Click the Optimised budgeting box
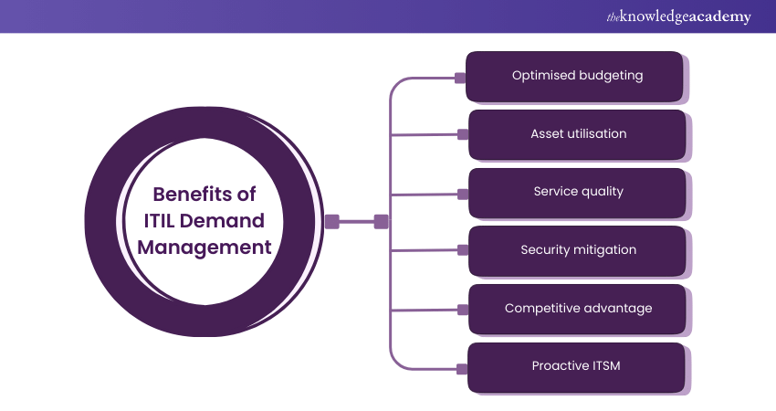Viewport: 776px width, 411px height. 575,76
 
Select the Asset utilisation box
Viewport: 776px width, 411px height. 577,134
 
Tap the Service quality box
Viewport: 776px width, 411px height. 577,192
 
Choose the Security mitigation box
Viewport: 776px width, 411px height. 577,250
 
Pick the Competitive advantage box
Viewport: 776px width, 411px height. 577,309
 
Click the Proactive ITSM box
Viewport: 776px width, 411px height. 577,366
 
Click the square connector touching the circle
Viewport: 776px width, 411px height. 332,221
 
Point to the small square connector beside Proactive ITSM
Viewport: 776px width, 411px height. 461,369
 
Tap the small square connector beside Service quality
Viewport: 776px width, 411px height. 461,194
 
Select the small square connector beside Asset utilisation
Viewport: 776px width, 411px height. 461,135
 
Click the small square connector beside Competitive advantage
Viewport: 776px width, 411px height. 461,311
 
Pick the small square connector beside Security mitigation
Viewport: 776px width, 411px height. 461,251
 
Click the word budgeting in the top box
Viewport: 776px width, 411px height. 610,76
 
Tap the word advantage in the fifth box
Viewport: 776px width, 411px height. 619,309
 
